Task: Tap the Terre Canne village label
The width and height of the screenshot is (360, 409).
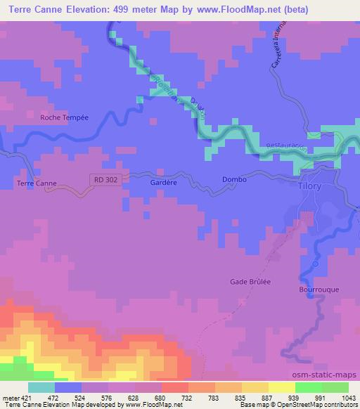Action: click(36, 183)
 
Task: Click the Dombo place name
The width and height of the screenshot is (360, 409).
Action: click(234, 179)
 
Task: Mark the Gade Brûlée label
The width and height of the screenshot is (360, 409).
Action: click(251, 282)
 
